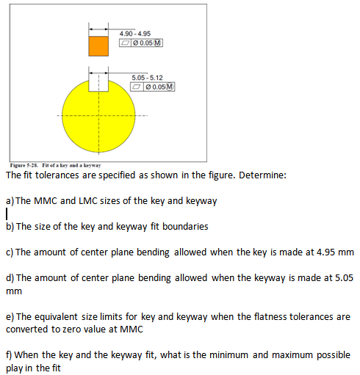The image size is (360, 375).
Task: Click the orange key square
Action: pos(98,45)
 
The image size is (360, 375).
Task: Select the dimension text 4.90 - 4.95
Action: pos(135,33)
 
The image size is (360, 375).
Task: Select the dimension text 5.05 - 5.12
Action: pos(147,78)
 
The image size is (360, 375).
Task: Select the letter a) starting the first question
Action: pos(10,200)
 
